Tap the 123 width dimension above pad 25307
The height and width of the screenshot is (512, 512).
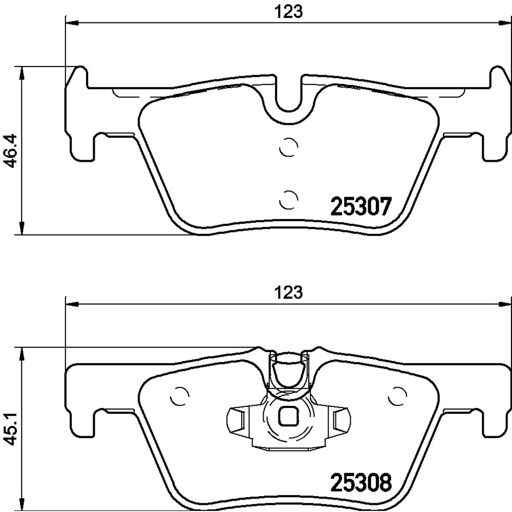tap(288, 12)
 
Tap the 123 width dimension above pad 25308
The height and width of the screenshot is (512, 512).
tap(288, 292)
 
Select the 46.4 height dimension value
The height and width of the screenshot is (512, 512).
tap(12, 151)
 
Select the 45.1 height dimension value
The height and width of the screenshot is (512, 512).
tap(12, 431)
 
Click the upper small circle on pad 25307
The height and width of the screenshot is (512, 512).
tap(289, 146)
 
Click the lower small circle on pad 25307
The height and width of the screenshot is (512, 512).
tap(289, 199)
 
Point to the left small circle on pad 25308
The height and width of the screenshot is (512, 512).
tap(180, 396)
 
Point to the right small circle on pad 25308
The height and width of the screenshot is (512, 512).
tap(398, 396)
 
